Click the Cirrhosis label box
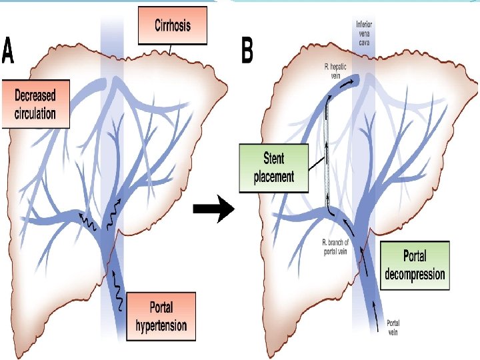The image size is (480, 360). click(173, 26)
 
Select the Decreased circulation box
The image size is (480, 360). click(36, 103)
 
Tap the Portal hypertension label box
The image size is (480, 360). click(161, 317)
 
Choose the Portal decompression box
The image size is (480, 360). click(414, 265)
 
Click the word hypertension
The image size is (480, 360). click(161, 326)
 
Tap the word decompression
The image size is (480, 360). click(414, 273)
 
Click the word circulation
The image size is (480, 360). click(36, 113)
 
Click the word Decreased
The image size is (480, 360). click(36, 95)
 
